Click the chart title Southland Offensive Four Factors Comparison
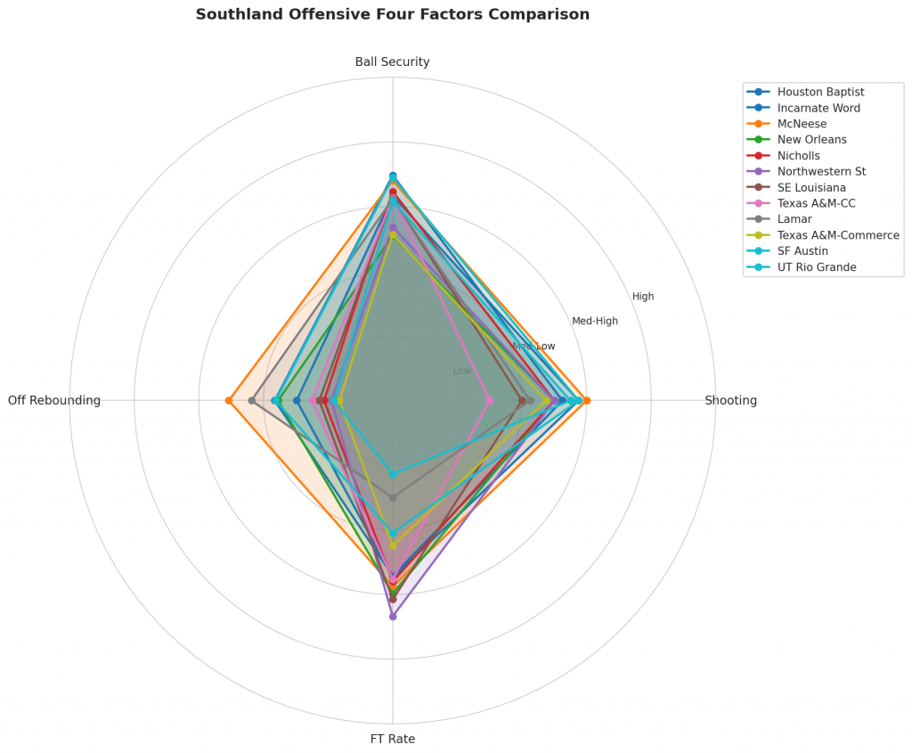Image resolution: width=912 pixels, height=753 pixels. click(392, 15)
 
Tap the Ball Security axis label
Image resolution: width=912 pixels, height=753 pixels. click(392, 62)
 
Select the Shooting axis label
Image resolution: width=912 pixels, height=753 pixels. click(730, 401)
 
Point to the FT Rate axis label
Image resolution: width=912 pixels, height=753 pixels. click(392, 739)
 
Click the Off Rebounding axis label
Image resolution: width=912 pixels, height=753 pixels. click(54, 401)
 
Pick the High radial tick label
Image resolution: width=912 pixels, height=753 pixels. click(643, 297)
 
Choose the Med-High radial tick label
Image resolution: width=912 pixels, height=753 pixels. click(595, 322)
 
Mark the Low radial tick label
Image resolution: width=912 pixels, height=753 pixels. click(462, 371)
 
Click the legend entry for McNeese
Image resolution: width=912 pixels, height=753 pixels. click(802, 124)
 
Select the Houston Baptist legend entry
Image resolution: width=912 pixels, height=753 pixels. click(820, 92)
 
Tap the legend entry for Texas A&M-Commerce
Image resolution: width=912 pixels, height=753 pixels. click(837, 235)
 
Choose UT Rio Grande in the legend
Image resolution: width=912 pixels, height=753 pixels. click(816, 267)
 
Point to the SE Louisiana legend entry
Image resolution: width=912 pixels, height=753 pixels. click(811, 188)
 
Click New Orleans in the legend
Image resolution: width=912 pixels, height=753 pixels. click(811, 140)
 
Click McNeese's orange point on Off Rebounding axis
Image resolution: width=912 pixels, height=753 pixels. click(229, 401)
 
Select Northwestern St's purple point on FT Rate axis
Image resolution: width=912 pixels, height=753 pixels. click(393, 617)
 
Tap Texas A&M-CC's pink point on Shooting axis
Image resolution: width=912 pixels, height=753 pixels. click(489, 401)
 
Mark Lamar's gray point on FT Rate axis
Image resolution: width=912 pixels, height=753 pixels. click(393, 497)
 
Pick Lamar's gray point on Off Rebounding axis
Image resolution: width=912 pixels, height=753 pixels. click(252, 401)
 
